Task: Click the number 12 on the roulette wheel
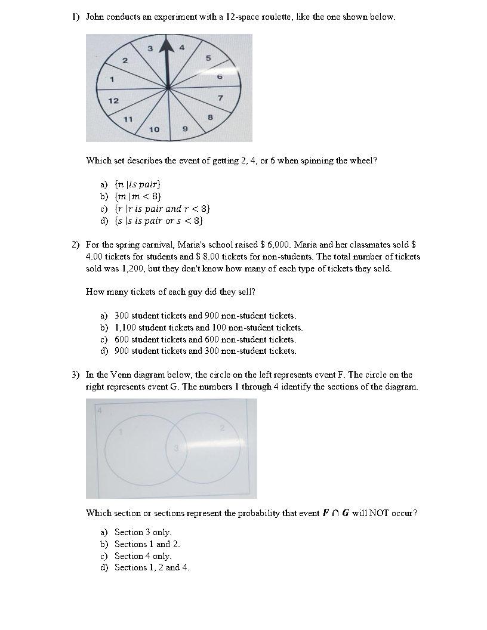pyautogui.click(x=113, y=100)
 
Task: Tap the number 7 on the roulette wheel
pyautogui.click(x=220, y=97)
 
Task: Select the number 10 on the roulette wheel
pyautogui.click(x=154, y=129)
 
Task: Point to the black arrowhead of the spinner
pyautogui.click(x=169, y=47)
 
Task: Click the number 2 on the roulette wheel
pyautogui.click(x=125, y=60)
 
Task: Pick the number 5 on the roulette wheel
pyautogui.click(x=208, y=58)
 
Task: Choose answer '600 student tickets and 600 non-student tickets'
pyautogui.click(x=205, y=339)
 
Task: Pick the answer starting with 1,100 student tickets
pyautogui.click(x=208, y=327)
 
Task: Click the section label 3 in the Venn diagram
pyautogui.click(x=175, y=448)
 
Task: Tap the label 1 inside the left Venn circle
pyautogui.click(x=121, y=432)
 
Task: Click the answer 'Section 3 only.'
pyautogui.click(x=143, y=532)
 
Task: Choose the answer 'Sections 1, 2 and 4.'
pyautogui.click(x=152, y=567)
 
